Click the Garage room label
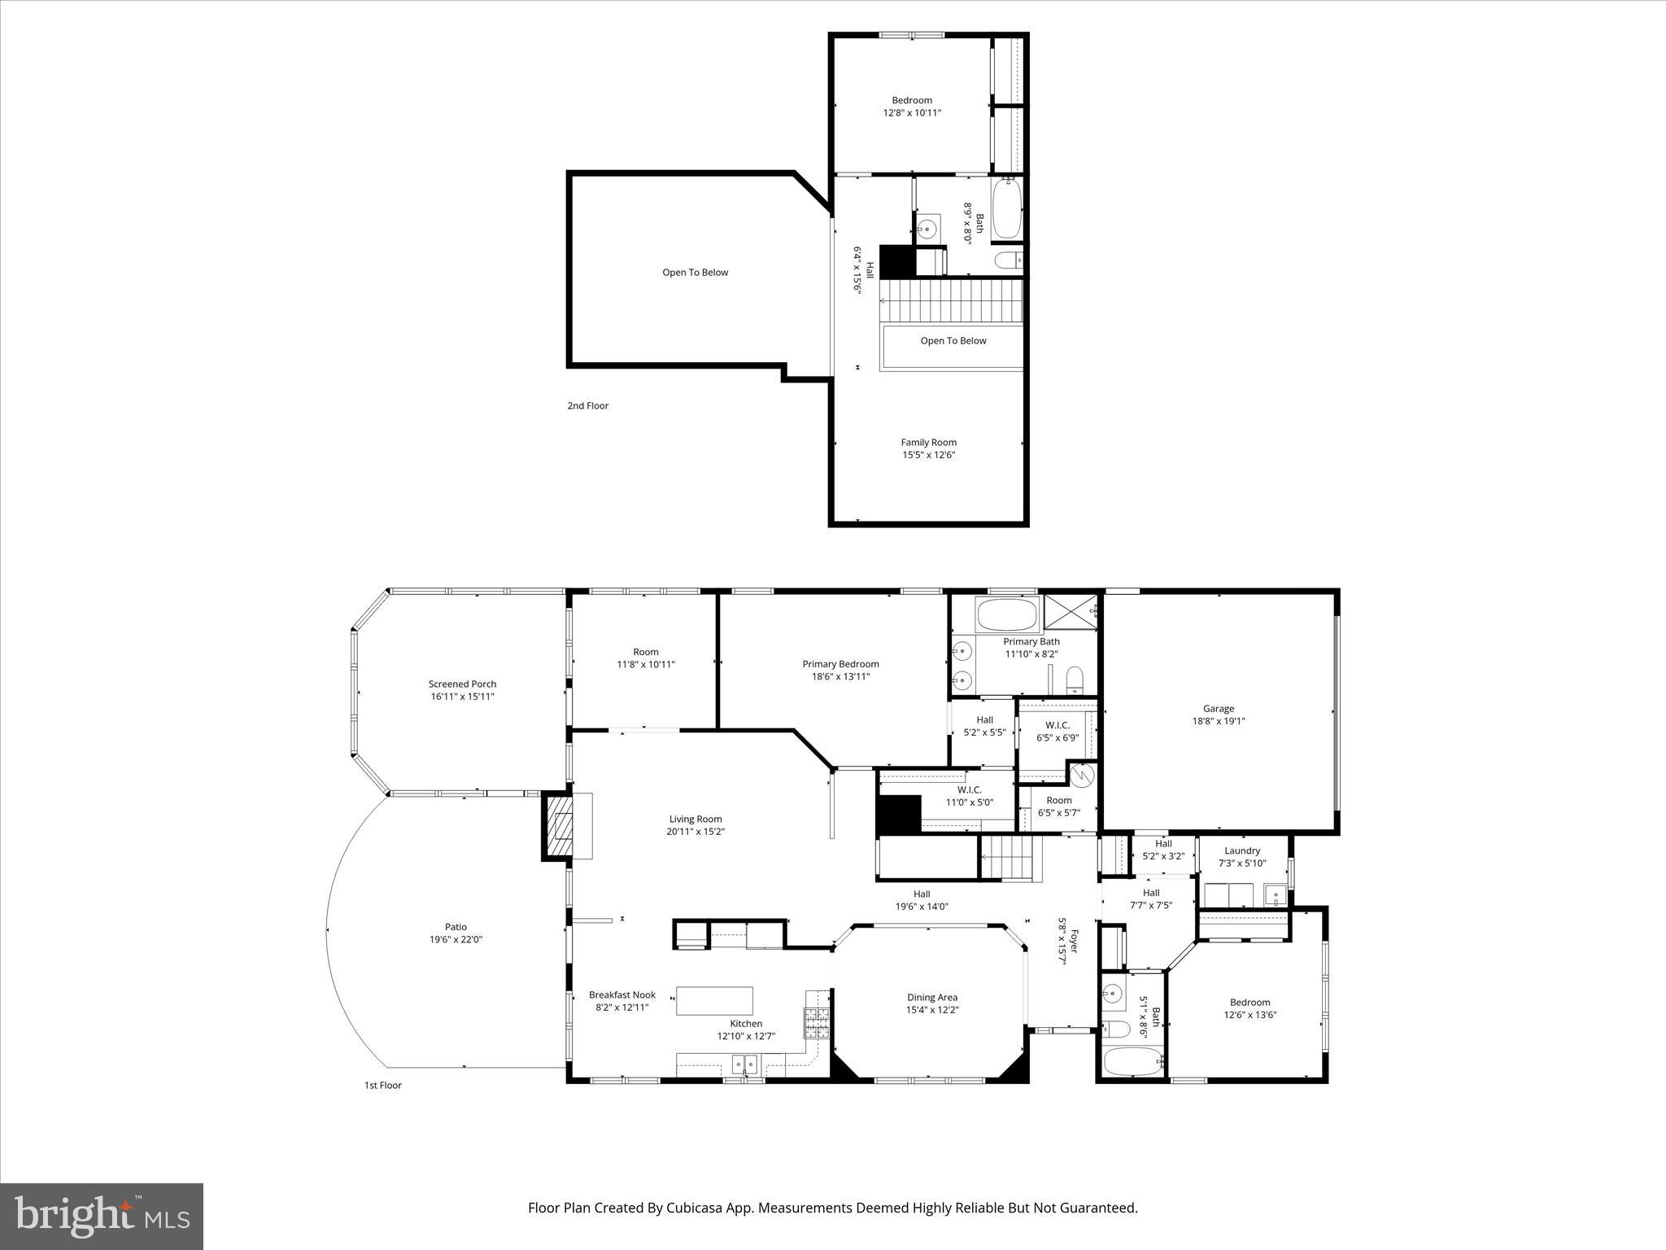click(x=1218, y=708)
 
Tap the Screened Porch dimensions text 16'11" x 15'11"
click(x=462, y=697)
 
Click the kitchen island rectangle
click(x=714, y=1000)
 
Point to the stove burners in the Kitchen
click(x=818, y=1024)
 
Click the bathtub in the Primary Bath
click(x=1008, y=614)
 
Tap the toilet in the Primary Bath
click(x=1075, y=677)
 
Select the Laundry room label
click(x=1242, y=850)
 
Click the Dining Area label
click(x=932, y=997)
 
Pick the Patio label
click(x=456, y=927)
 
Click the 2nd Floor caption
click(x=587, y=405)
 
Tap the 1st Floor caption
click(x=382, y=1085)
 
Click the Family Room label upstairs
click(x=928, y=442)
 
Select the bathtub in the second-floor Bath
click(x=1006, y=210)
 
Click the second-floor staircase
click(x=952, y=300)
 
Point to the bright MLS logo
click(x=102, y=1216)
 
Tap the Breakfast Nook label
click(x=622, y=994)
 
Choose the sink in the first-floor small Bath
click(x=1112, y=993)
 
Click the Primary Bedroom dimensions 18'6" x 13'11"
click(x=840, y=676)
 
